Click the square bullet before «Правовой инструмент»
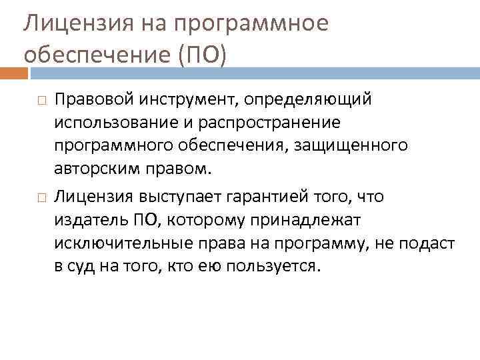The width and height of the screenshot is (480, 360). (41, 100)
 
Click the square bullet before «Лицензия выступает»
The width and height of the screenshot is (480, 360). (41, 197)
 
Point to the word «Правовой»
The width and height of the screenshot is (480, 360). (94, 99)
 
